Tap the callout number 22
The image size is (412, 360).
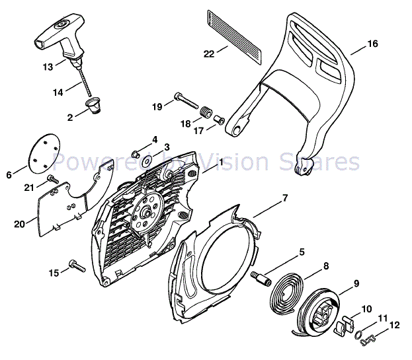tap(209, 54)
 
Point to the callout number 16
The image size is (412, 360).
tap(373, 44)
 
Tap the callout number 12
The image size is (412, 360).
tap(395, 324)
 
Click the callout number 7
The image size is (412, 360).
tap(285, 198)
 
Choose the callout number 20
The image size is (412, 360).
tap(19, 224)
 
